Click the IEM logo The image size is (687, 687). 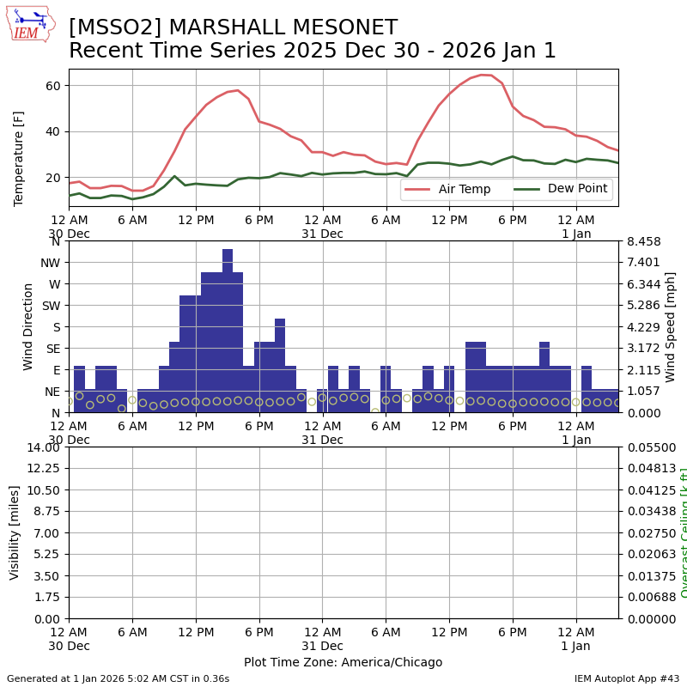click(31, 23)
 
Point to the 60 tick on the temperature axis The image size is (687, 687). click(52, 86)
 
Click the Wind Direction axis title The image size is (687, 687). click(28, 326)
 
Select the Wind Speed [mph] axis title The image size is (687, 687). click(671, 326)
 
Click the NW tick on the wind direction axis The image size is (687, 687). click(50, 263)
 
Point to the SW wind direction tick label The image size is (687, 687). click(51, 306)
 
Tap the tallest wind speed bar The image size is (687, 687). click(228, 331)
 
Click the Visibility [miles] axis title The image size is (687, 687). click(15, 532)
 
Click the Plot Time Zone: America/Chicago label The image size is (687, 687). click(343, 662)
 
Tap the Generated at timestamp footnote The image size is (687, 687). click(118, 678)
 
